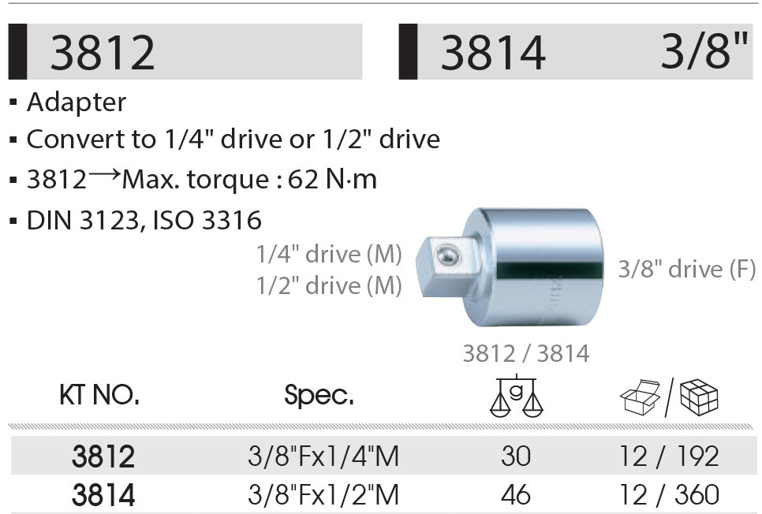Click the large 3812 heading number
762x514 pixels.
[103, 53]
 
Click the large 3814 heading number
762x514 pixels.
[493, 53]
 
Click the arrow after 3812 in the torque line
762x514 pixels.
[104, 175]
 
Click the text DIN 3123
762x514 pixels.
[83, 220]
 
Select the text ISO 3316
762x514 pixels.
[207, 220]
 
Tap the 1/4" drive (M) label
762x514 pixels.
[329, 254]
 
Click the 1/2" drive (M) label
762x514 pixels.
[329, 285]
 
